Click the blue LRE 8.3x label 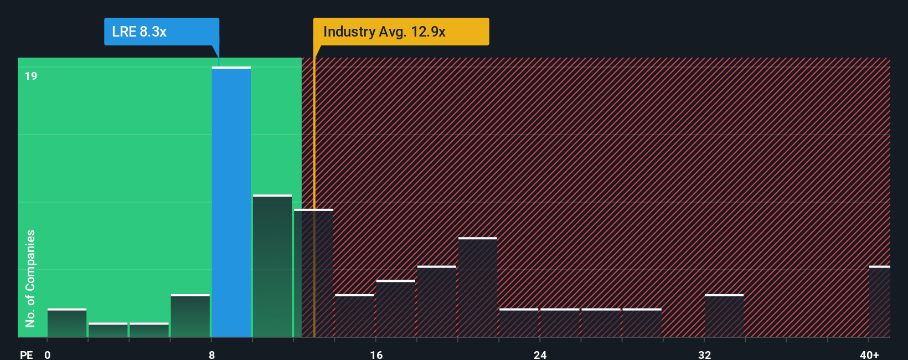click(x=161, y=32)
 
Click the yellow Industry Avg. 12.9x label click(x=401, y=32)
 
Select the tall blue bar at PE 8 click(x=231, y=202)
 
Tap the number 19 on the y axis click(x=31, y=76)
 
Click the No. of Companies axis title click(x=30, y=278)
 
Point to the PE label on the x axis click(x=26, y=355)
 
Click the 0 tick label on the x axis click(x=48, y=355)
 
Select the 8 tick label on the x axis click(x=212, y=355)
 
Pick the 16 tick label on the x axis click(x=376, y=355)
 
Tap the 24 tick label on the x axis click(x=540, y=355)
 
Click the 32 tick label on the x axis click(x=704, y=355)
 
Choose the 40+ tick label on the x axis click(x=869, y=355)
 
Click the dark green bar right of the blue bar click(x=272, y=266)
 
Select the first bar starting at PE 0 click(x=67, y=323)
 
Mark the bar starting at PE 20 click(x=478, y=287)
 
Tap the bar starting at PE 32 click(x=724, y=316)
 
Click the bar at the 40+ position click(x=879, y=302)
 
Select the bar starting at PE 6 click(x=190, y=316)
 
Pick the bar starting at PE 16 click(x=395, y=308)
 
